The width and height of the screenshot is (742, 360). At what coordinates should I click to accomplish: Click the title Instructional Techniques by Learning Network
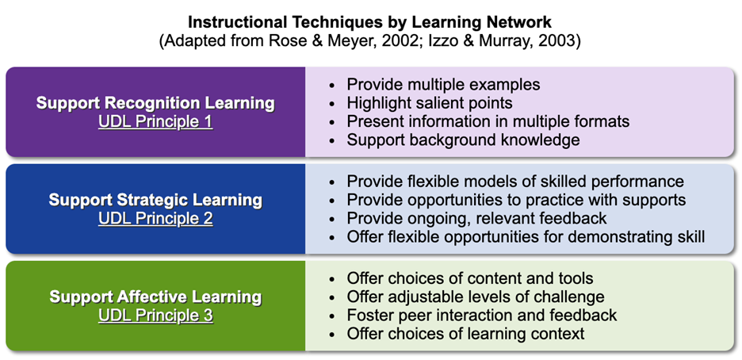click(x=369, y=21)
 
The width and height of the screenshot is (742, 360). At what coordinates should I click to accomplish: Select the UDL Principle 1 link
click(x=155, y=121)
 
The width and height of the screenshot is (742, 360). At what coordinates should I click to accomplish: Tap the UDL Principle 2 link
click(x=155, y=218)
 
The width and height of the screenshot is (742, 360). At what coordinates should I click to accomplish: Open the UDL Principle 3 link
click(x=155, y=316)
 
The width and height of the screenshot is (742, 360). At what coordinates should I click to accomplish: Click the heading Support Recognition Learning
click(x=155, y=103)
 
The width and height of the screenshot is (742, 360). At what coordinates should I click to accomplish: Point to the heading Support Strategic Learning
click(x=155, y=200)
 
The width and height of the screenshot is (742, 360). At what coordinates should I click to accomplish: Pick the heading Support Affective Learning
click(x=155, y=297)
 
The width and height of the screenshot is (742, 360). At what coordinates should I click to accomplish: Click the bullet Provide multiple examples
click(x=443, y=84)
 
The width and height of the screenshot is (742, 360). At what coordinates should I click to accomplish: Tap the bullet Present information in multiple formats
click(x=488, y=121)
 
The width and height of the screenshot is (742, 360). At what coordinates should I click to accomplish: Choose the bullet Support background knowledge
click(x=463, y=140)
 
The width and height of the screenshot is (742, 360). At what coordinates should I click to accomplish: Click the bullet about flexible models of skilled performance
click(x=514, y=182)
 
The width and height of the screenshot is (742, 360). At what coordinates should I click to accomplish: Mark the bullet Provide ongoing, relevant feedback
click(x=476, y=218)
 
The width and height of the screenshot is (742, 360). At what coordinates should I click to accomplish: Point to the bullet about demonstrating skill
click(x=525, y=236)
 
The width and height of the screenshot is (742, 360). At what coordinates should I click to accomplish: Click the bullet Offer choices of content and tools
click(x=469, y=278)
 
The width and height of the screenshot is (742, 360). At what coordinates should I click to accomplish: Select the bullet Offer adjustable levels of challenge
click(x=475, y=297)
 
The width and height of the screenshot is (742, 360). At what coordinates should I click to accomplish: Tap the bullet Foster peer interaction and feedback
click(x=481, y=316)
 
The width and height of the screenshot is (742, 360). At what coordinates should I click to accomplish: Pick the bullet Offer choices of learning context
click(x=465, y=334)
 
